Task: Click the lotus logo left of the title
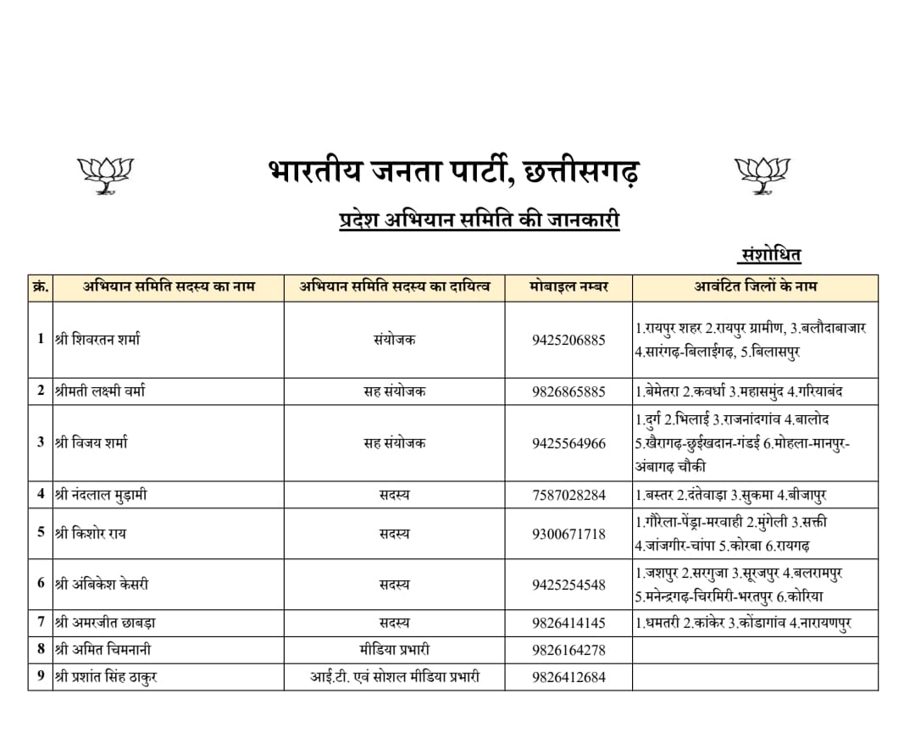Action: (x=105, y=173)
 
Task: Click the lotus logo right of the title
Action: (x=761, y=173)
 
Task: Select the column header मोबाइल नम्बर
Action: (x=568, y=286)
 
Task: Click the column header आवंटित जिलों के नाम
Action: (x=754, y=286)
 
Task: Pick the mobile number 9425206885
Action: (x=568, y=340)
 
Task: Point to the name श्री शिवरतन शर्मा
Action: (x=97, y=340)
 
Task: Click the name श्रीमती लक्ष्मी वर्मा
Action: (x=99, y=391)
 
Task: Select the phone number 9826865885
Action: (x=568, y=391)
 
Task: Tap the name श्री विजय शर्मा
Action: (x=91, y=442)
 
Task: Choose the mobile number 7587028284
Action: (x=568, y=495)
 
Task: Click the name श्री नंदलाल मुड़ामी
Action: (x=100, y=495)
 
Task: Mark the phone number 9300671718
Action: (x=568, y=534)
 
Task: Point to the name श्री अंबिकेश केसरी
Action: (x=101, y=585)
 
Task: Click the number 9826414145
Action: (x=568, y=623)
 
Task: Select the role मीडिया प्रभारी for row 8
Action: (x=394, y=650)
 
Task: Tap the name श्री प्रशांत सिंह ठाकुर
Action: (x=105, y=677)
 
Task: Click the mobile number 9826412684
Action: (x=568, y=677)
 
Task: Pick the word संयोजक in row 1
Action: (x=394, y=340)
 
